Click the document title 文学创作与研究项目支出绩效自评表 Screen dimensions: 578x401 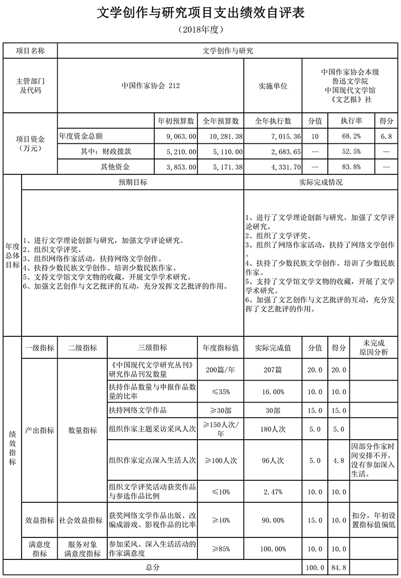pyautogui.click(x=200, y=14)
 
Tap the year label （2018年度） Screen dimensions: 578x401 pyautogui.click(x=200, y=30)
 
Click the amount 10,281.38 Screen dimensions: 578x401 pyautogui.click(x=223, y=136)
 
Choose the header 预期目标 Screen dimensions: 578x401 pyautogui.click(x=132, y=182)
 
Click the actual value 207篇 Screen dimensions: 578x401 pyautogui.click(x=273, y=370)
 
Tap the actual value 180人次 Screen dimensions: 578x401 pyautogui.click(x=273, y=429)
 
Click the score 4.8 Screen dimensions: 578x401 pyautogui.click(x=339, y=460)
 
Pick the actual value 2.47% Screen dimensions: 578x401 pyautogui.click(x=273, y=492)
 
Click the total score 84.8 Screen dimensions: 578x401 pyautogui.click(x=339, y=567)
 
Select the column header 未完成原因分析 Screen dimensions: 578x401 pyautogui.click(x=373, y=347)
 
